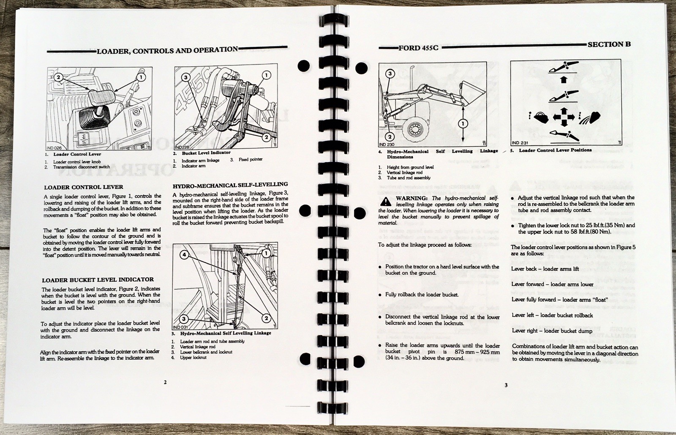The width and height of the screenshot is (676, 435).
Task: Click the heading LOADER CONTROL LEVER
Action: pyautogui.click(x=84, y=187)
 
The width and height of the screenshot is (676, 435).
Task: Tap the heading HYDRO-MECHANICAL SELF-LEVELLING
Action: pyautogui.click(x=230, y=184)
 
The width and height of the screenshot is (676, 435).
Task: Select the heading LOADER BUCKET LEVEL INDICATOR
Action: pyautogui.click(x=98, y=280)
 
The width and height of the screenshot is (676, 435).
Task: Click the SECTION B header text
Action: pyautogui.click(x=609, y=44)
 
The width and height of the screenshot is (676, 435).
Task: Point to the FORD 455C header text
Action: pyautogui.click(x=418, y=48)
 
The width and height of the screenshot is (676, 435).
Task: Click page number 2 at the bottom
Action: pyautogui.click(x=165, y=382)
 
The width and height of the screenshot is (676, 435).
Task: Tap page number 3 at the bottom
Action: pyautogui.click(x=506, y=385)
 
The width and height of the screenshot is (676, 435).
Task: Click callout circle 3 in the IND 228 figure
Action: pyautogui.click(x=185, y=77)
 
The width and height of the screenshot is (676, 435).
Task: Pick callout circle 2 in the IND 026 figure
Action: pyautogui.click(x=58, y=77)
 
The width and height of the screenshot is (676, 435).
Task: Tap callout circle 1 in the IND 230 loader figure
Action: pyautogui.click(x=463, y=123)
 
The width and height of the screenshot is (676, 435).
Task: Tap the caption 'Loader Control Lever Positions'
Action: pyautogui.click(x=555, y=150)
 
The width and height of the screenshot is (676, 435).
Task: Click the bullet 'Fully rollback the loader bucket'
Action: pyautogui.click(x=422, y=294)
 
